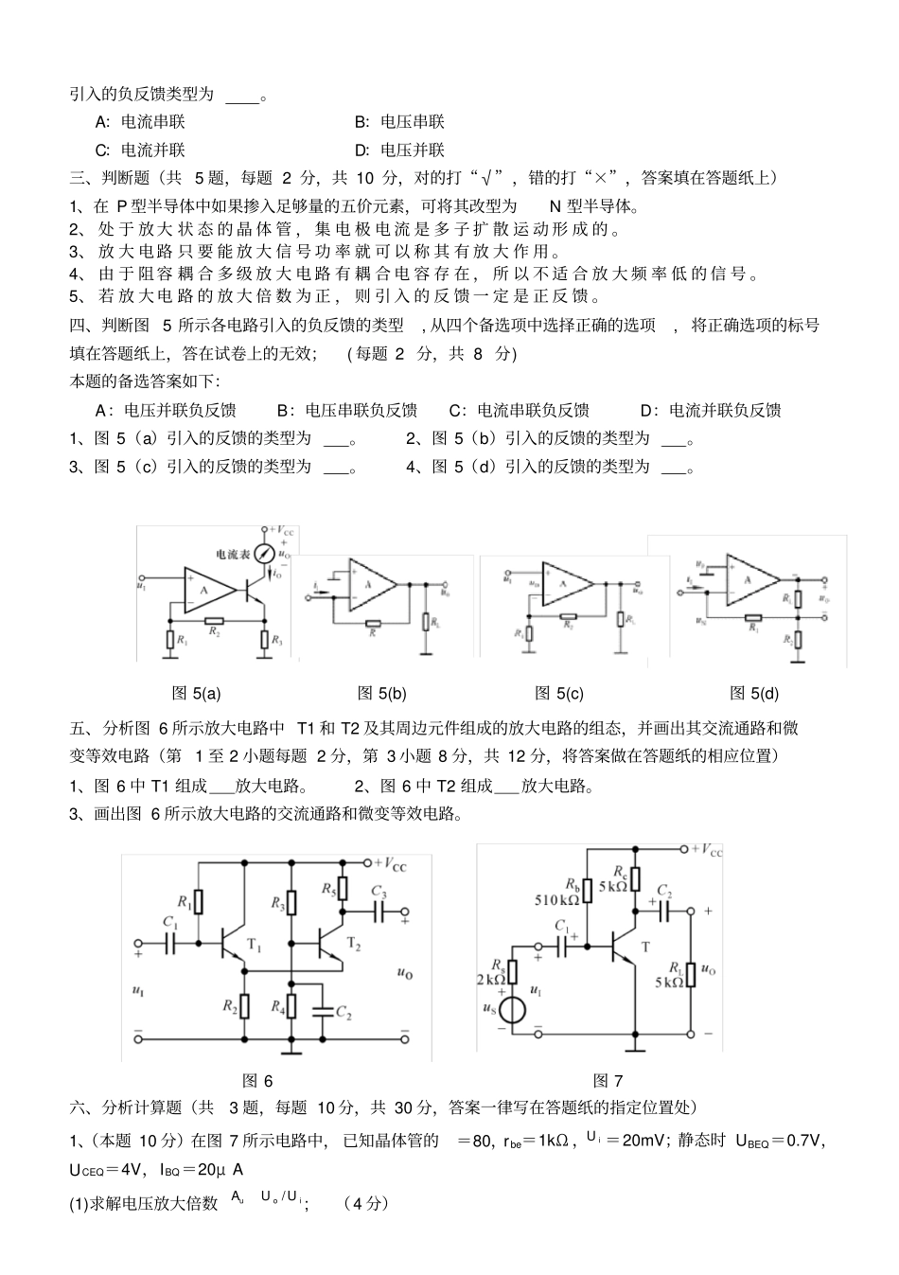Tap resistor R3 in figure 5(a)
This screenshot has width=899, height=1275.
[264, 641]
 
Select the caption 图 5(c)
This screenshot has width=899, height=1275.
[558, 694]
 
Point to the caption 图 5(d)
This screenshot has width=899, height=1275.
[754, 694]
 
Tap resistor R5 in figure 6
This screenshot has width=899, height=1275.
[342, 888]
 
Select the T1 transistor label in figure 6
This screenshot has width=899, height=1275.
[254, 944]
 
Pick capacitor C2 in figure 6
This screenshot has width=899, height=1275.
[323, 1012]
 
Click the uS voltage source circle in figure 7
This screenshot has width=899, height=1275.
[513, 1010]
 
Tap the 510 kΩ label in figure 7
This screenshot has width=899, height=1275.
[556, 900]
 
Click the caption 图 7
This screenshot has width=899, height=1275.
[608, 1081]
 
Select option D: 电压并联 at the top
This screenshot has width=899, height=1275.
[398, 151]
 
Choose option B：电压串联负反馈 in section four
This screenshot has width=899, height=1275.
[346, 411]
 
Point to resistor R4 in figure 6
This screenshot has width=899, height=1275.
[292, 1006]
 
